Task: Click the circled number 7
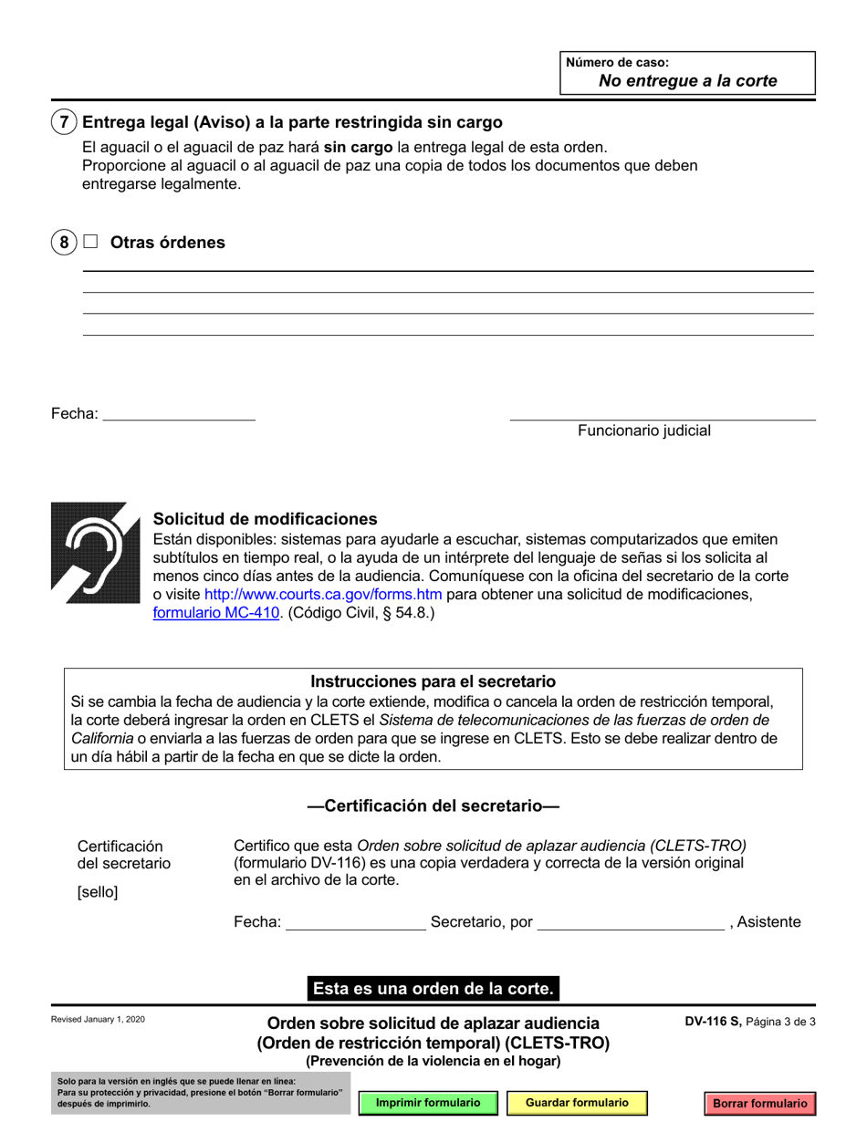pyautogui.click(x=63, y=122)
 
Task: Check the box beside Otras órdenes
pyautogui.click(x=90, y=243)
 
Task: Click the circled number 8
pyautogui.click(x=63, y=243)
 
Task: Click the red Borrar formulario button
pyautogui.click(x=760, y=1104)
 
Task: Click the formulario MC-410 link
pyautogui.click(x=215, y=614)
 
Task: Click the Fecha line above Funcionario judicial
pyautogui.click(x=179, y=413)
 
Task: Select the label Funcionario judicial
pyautogui.click(x=643, y=431)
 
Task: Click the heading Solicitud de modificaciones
pyautogui.click(x=265, y=519)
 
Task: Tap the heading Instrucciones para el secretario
pyautogui.click(x=433, y=681)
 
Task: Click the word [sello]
pyautogui.click(x=98, y=892)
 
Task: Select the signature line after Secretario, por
pyautogui.click(x=630, y=923)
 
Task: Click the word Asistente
pyautogui.click(x=768, y=922)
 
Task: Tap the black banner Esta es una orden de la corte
pyautogui.click(x=433, y=988)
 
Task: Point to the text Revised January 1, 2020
pyautogui.click(x=98, y=1020)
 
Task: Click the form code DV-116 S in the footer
pyautogui.click(x=713, y=1023)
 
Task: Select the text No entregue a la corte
pyautogui.click(x=687, y=80)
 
